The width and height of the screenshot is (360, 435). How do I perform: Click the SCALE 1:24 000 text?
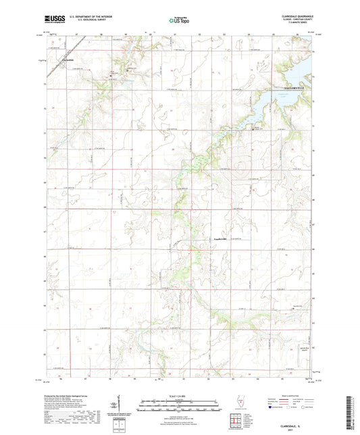[x=179, y=394]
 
